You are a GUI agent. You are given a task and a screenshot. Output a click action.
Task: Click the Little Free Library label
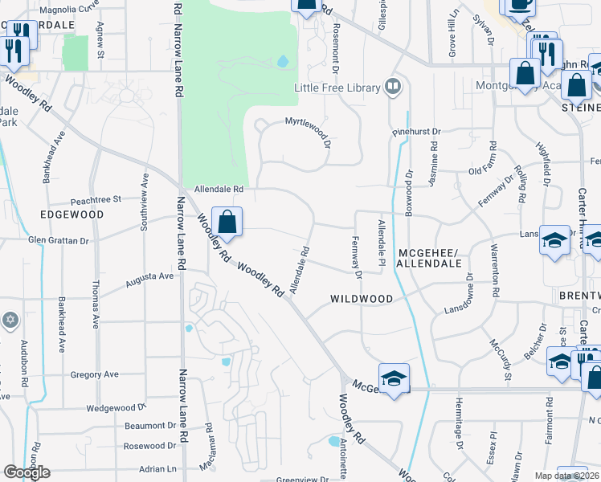[337, 88]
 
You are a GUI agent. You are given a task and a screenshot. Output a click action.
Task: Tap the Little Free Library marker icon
[393, 86]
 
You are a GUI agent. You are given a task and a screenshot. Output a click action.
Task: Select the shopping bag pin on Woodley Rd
[227, 223]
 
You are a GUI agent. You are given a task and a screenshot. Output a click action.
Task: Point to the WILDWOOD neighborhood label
[362, 299]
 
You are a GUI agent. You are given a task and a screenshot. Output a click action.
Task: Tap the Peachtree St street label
[95, 198]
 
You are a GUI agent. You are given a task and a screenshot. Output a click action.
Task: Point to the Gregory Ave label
[94, 374]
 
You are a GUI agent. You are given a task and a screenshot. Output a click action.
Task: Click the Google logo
[27, 472]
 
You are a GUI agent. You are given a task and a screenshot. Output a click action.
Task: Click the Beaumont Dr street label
[150, 426]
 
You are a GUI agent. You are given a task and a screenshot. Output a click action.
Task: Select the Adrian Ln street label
[157, 468]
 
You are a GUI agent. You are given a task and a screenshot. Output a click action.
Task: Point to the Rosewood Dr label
[149, 446]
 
